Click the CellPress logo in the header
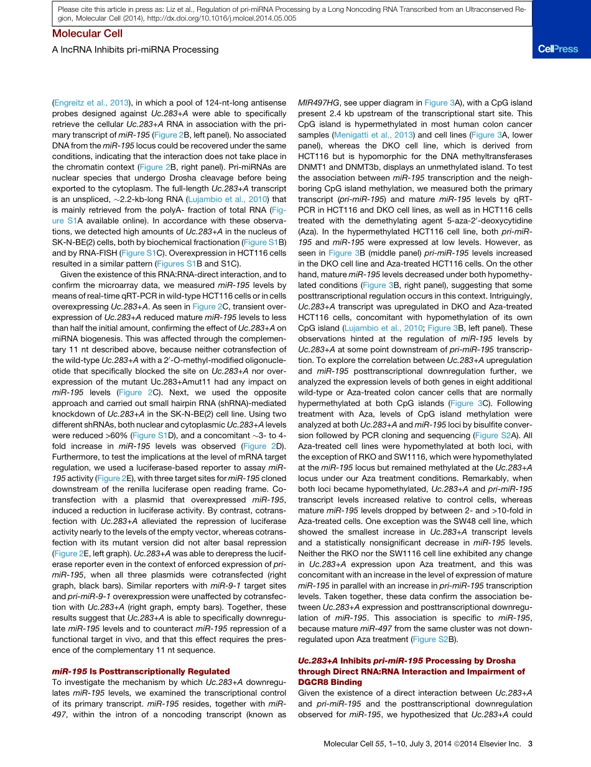557,49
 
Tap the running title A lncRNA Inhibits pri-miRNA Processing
135,49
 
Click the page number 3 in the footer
529,743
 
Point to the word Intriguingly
505,296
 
